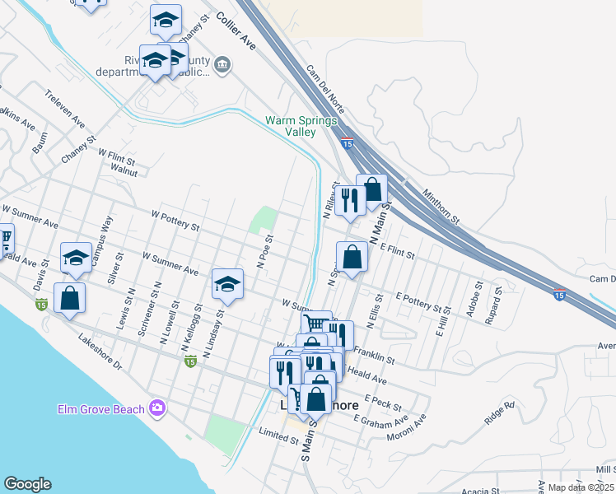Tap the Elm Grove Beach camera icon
157,408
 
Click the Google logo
27,484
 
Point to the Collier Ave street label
236,32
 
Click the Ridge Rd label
499,412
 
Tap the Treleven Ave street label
65,109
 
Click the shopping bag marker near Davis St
70,297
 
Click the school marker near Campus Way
76,257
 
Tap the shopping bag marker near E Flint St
352,256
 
